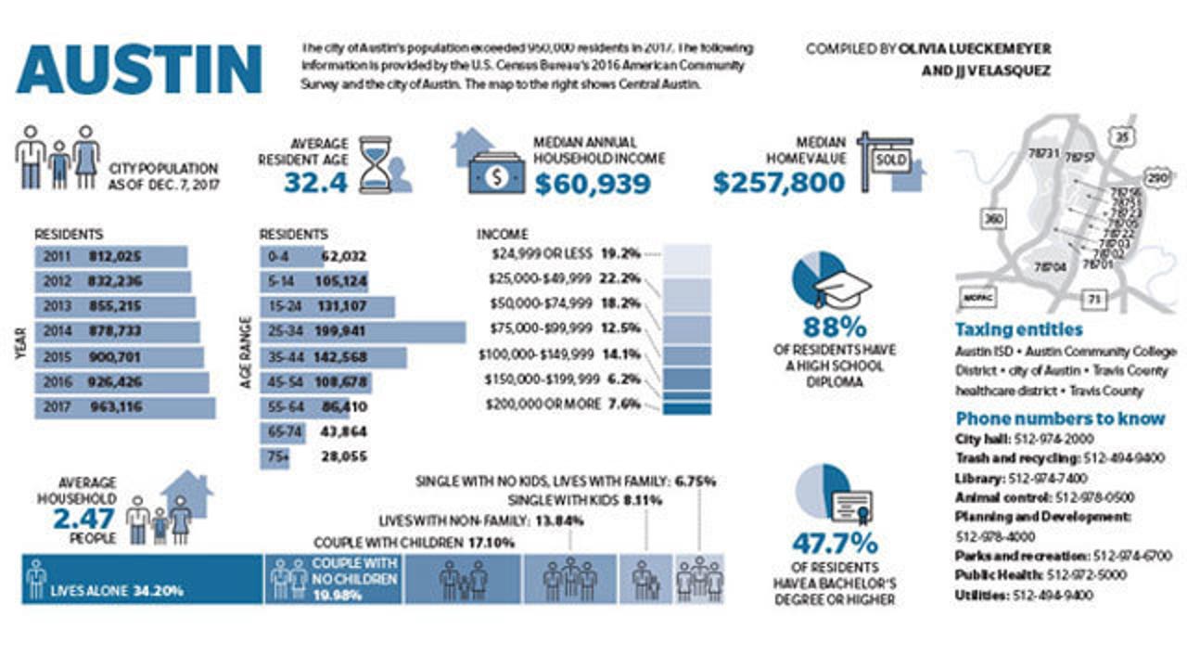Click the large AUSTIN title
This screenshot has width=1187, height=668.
point(139,70)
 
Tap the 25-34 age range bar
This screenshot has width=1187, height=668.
point(362,332)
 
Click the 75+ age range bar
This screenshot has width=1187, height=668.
point(275,457)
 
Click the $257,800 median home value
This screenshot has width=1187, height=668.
point(779,184)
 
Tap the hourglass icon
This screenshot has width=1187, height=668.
point(376,164)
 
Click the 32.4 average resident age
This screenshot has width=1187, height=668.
point(315,183)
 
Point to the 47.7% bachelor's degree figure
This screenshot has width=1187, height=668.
point(835,543)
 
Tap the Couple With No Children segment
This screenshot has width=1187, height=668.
point(334,580)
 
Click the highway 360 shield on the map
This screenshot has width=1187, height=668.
point(992,219)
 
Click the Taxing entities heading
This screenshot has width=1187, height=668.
point(1018,329)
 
